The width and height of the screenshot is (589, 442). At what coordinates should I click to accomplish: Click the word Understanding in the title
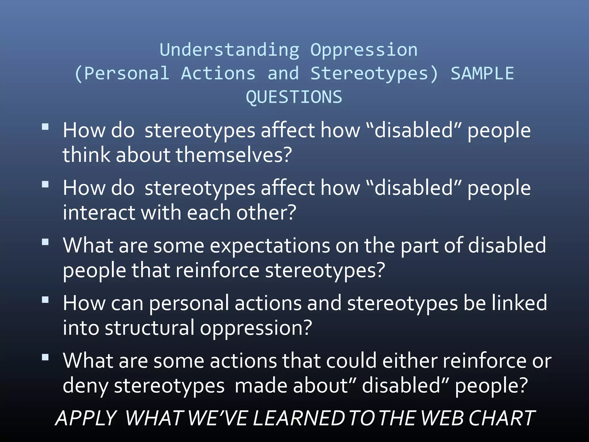[230, 50]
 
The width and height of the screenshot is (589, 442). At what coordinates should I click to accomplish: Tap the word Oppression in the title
[364, 50]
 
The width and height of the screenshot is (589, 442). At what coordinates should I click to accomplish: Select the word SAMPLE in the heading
[482, 73]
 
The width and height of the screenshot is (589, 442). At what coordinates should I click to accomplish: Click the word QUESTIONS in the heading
[294, 97]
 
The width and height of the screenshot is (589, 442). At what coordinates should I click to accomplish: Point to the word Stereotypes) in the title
[374, 73]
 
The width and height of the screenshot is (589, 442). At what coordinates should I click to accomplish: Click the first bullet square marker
[45, 127]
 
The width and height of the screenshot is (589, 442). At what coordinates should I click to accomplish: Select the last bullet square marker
[45, 357]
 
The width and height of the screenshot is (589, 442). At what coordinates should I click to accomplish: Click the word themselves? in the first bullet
[234, 155]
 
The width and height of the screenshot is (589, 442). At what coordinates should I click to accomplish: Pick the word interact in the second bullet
[99, 213]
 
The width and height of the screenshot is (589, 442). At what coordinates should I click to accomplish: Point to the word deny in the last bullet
[85, 386]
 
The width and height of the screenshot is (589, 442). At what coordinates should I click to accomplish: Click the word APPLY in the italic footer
[86, 418]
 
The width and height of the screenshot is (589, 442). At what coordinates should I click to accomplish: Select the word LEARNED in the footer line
[299, 418]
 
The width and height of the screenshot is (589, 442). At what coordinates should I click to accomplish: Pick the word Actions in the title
[218, 73]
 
